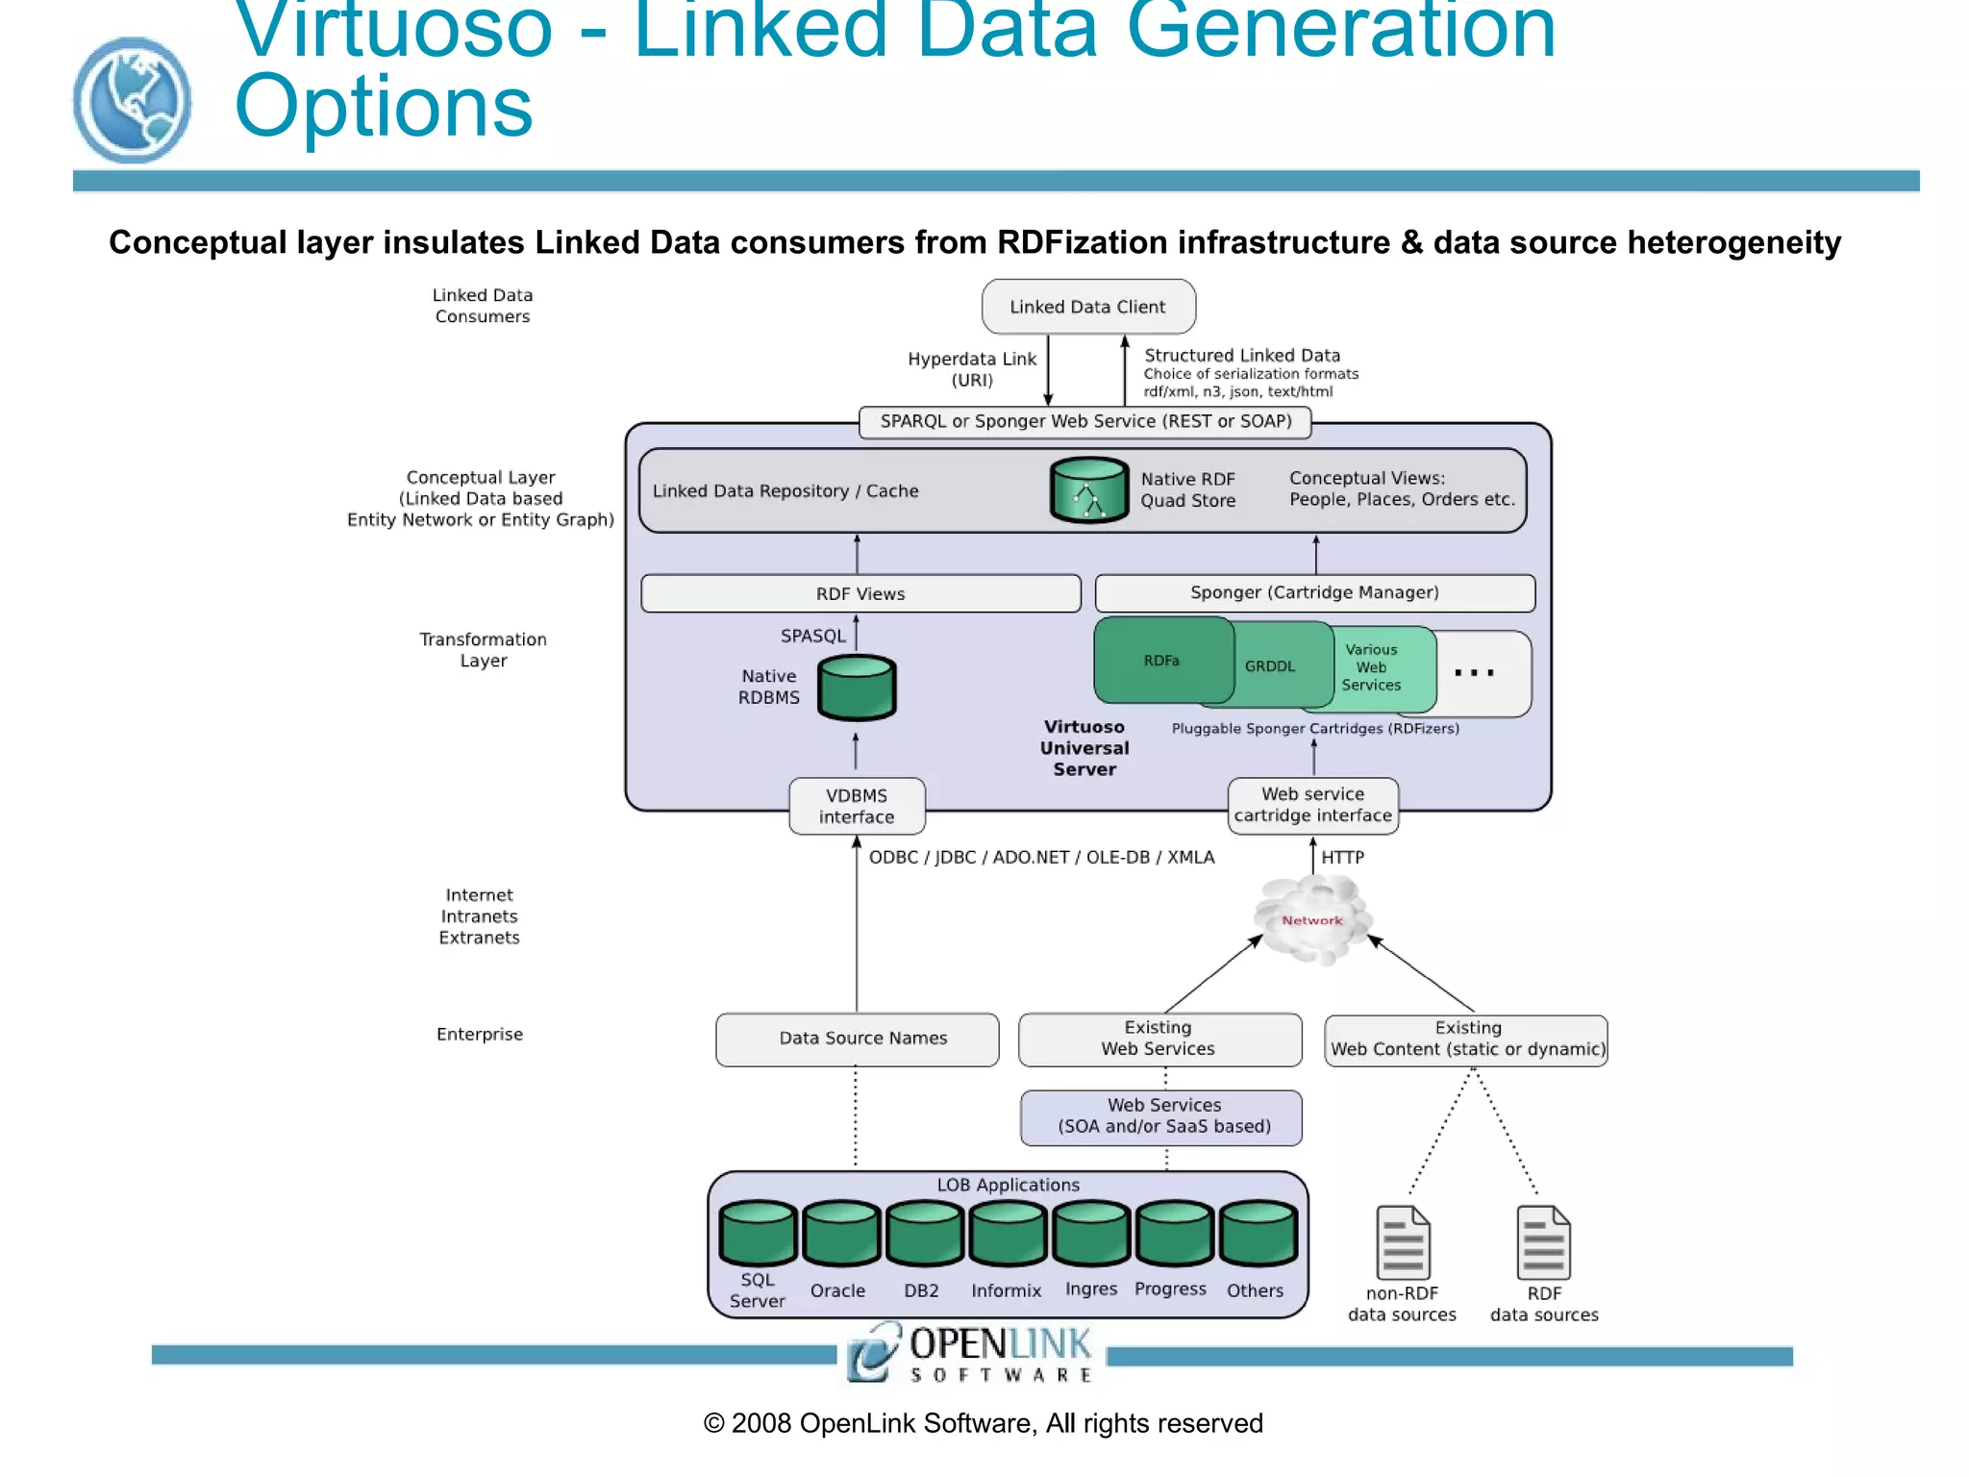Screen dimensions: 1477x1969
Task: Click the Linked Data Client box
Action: (x=1088, y=307)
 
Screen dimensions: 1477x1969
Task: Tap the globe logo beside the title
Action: (x=132, y=100)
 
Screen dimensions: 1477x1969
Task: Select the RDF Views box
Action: (x=860, y=593)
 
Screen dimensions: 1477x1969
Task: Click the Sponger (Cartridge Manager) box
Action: (x=1314, y=592)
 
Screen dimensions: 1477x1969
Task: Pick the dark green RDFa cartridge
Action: (x=1161, y=661)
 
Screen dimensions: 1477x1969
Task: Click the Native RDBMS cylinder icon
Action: (x=857, y=688)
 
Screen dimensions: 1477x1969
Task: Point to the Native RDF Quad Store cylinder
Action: (x=1088, y=490)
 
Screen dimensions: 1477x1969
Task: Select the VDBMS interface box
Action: (x=857, y=806)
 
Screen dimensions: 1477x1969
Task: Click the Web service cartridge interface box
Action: (x=1312, y=805)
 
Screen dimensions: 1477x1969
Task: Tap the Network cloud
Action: (x=1312, y=920)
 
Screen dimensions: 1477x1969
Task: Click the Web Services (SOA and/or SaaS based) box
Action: (x=1161, y=1116)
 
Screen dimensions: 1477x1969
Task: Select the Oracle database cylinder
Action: (x=841, y=1234)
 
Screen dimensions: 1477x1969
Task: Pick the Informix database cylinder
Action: (x=1007, y=1234)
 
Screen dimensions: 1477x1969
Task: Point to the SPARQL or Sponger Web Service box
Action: (x=1084, y=421)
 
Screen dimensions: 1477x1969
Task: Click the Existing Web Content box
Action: (x=1466, y=1039)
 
